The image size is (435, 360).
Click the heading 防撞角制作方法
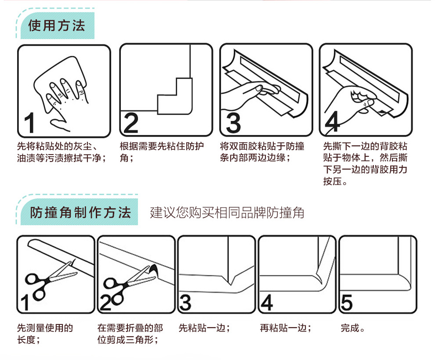80,213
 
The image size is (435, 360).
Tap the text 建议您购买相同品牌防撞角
227,213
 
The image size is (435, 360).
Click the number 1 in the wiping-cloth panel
30,123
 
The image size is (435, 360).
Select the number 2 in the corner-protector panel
131,123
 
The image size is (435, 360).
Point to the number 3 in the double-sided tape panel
233,123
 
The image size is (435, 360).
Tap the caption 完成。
353,328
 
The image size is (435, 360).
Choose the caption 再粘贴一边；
286,328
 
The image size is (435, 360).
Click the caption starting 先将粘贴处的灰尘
62,152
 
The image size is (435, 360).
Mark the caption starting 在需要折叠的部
130,334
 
